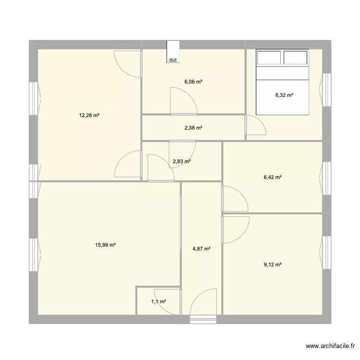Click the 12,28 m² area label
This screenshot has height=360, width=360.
tap(89, 116)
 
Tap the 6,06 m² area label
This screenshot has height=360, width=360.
tap(193, 82)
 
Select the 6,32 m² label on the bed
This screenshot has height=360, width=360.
tap(284, 95)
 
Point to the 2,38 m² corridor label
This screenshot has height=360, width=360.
tap(193, 128)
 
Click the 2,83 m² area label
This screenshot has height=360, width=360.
tap(181, 161)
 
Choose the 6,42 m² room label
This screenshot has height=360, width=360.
tap(273, 177)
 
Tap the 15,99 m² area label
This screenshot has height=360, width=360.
tap(106, 245)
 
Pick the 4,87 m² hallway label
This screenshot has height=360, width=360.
tap(202, 249)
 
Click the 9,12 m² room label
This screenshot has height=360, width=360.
tap(273, 264)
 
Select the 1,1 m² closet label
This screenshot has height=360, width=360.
tap(159, 302)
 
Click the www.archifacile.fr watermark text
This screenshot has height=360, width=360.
tap(330, 346)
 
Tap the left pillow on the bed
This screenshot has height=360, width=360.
tap(269, 58)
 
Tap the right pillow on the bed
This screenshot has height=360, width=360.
tap(296, 58)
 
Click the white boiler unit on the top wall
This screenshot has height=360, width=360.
tap(173, 52)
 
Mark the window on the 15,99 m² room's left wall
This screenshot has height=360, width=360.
tap(34, 254)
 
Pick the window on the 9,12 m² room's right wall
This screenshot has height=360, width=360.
tap(326, 252)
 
